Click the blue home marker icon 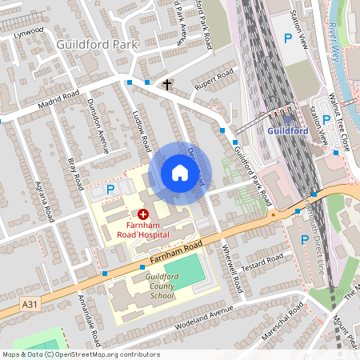click(179, 173)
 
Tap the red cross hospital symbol click(144, 214)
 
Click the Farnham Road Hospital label click(144, 230)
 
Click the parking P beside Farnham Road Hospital click(111, 190)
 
